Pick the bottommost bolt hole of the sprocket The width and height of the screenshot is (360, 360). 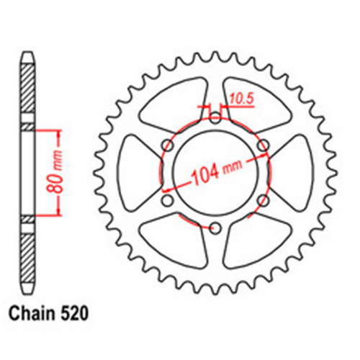pyautogui.click(x=214, y=228)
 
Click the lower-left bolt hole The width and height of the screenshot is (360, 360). pyautogui.click(x=166, y=201)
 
